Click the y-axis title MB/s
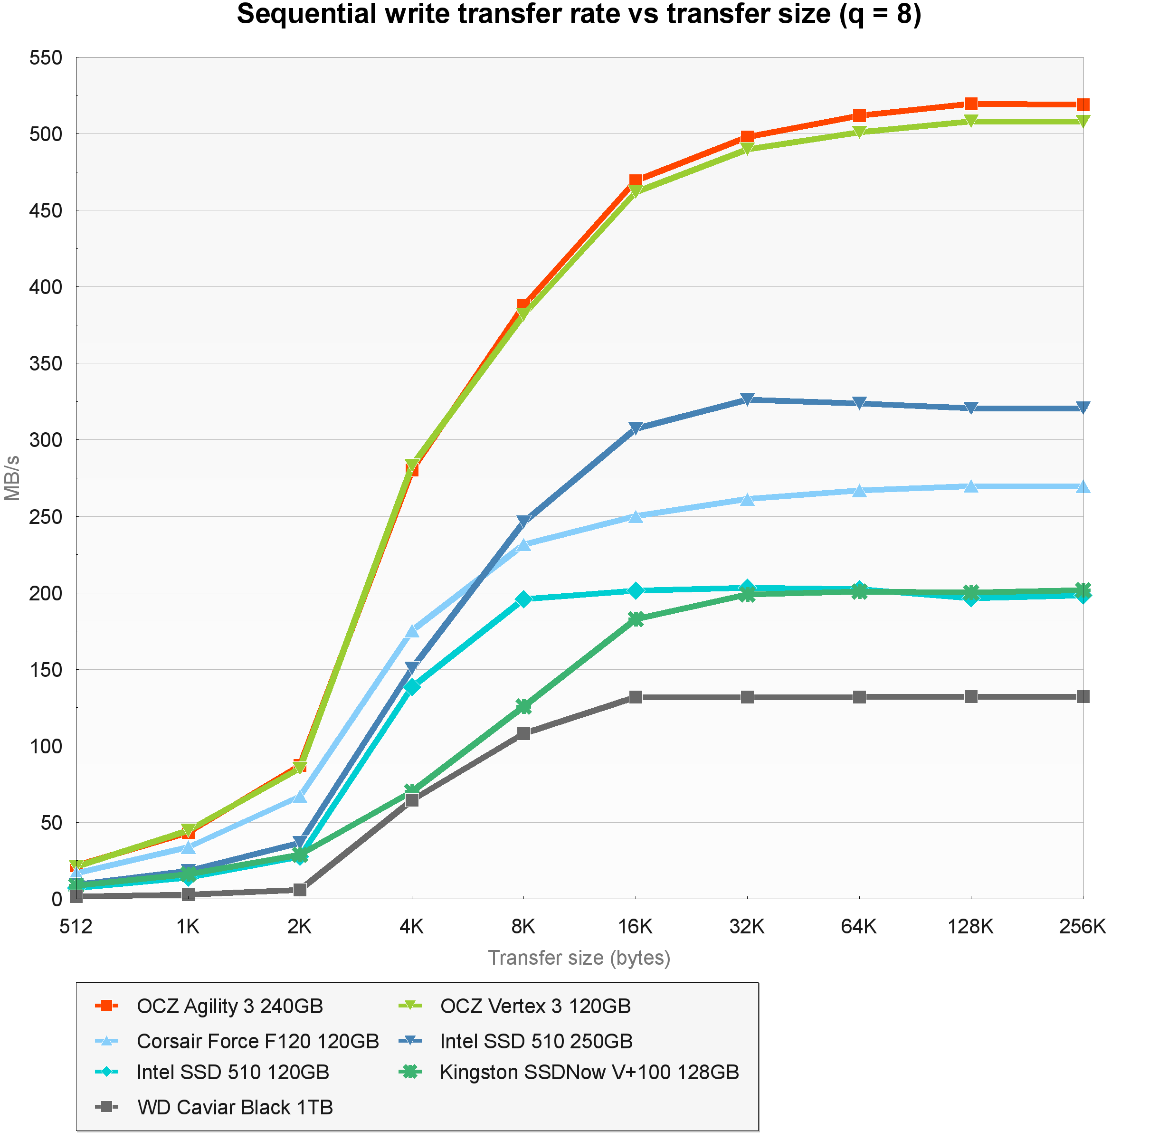coord(12,478)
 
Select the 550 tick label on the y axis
coord(46,58)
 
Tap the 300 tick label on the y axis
coord(46,440)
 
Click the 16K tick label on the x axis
coord(635,927)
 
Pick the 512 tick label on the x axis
coord(76,927)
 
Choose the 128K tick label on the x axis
coord(970,927)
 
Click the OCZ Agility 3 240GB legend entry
coord(229,1006)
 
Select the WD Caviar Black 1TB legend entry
coord(235,1107)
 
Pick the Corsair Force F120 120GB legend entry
coord(257,1041)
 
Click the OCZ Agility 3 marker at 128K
coord(971,104)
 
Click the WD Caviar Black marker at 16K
coord(635,697)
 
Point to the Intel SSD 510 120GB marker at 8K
coord(524,599)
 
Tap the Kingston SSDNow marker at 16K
coord(635,619)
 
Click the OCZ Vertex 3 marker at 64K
coord(859,132)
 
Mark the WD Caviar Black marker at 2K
coord(300,890)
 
